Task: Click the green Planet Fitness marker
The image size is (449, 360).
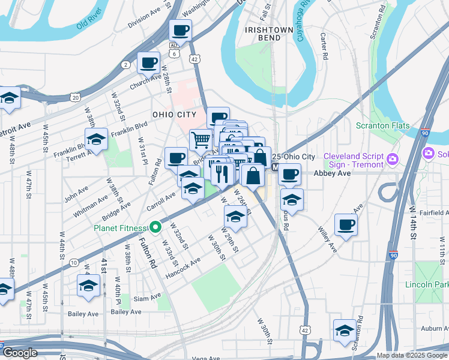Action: click(x=155, y=227)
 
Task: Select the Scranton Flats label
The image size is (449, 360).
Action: click(x=382, y=126)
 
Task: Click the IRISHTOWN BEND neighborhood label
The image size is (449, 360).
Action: click(x=269, y=34)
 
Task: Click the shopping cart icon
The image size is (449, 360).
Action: click(x=201, y=140)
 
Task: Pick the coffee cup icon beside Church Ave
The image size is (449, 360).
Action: click(x=148, y=61)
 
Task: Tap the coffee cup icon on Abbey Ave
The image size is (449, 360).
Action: click(x=290, y=173)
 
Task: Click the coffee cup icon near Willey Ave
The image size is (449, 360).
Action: click(x=346, y=224)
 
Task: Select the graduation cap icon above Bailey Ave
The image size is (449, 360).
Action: click(x=89, y=285)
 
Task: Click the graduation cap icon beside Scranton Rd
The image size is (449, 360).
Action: click(x=345, y=330)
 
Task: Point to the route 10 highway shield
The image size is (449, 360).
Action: click(x=73, y=263)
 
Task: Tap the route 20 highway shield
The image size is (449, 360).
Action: click(x=74, y=97)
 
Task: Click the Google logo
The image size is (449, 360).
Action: click(x=20, y=353)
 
